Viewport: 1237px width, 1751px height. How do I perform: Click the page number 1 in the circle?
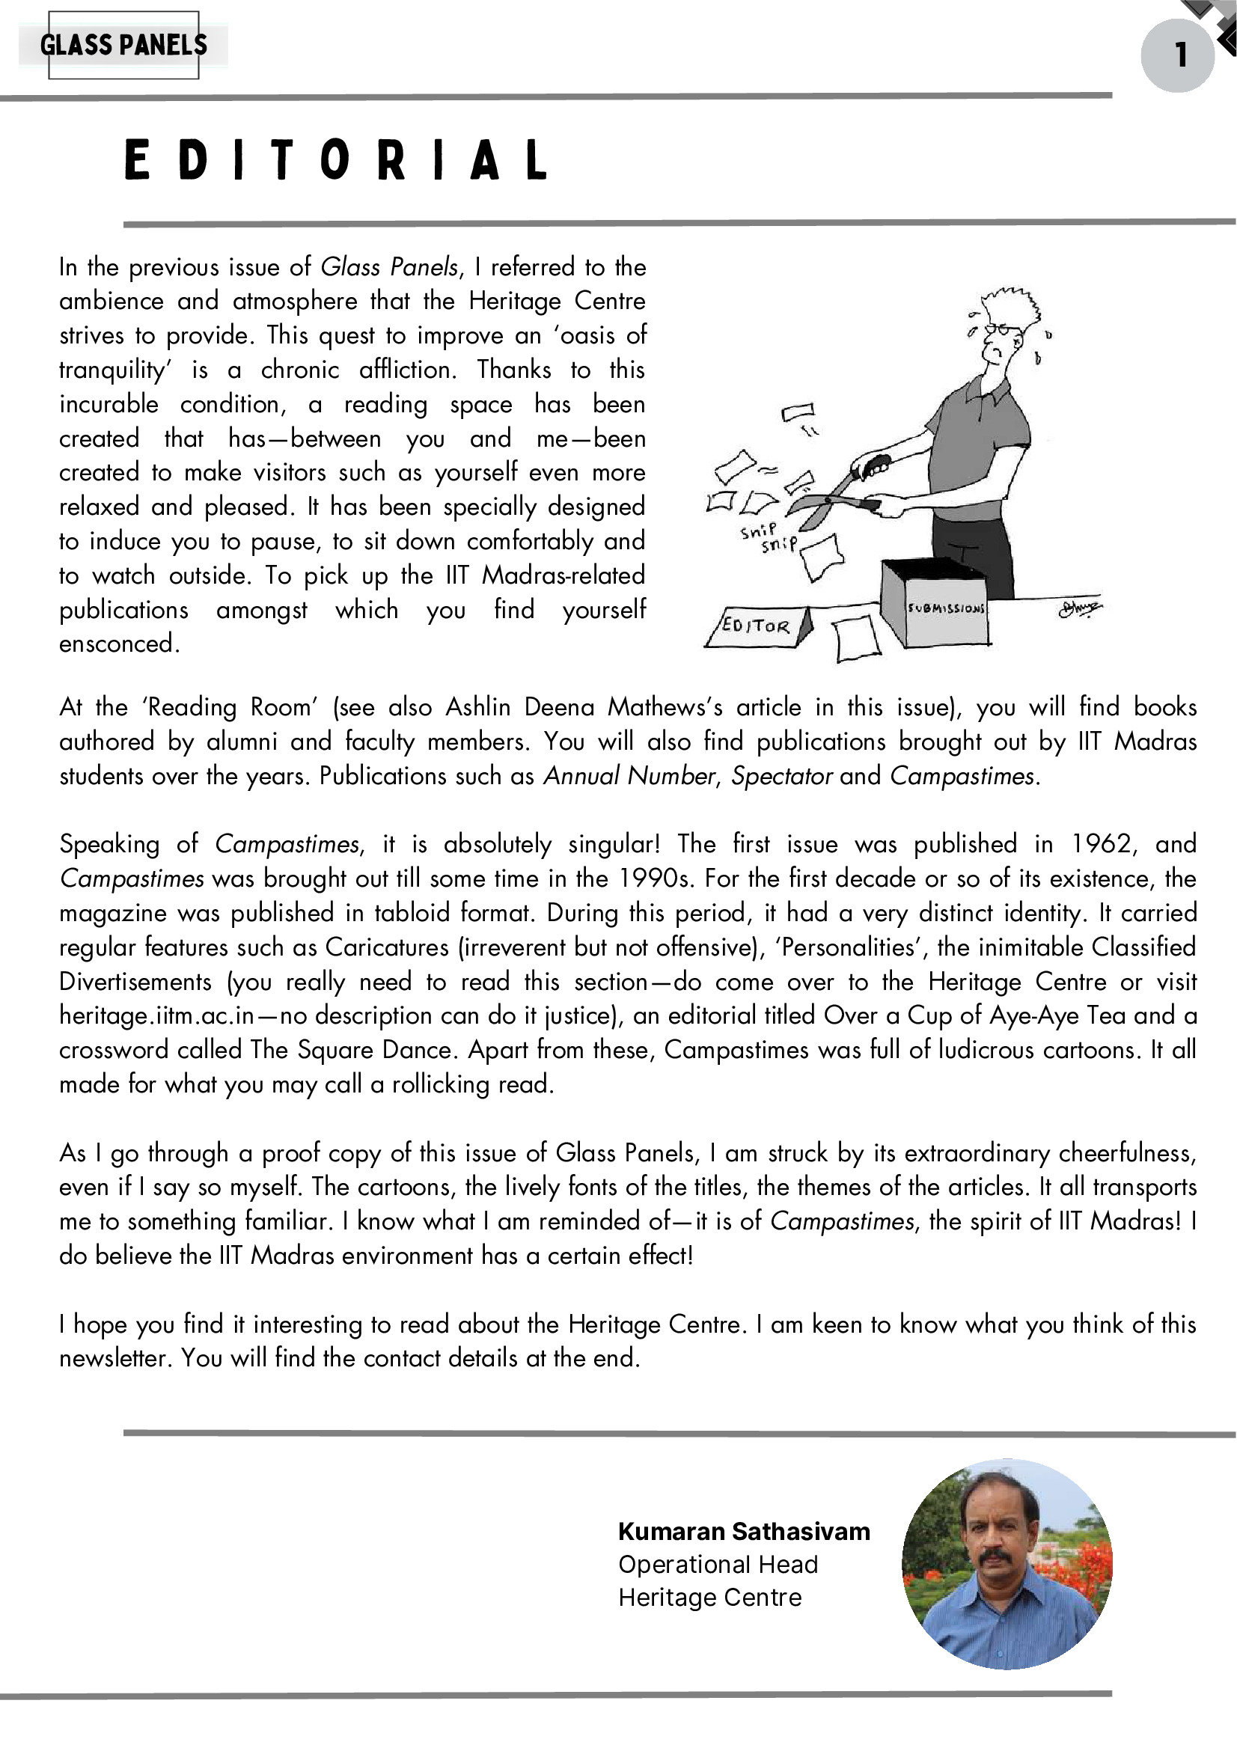[1180, 55]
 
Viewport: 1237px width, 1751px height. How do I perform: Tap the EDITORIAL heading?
[335, 160]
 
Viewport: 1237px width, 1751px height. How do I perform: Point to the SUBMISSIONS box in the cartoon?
[935, 606]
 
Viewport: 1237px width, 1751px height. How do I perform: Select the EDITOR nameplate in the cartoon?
[757, 626]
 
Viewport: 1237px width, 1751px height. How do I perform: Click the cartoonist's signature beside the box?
[1079, 608]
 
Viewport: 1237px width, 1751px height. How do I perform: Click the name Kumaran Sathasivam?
[744, 1531]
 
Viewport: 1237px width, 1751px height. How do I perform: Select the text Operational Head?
[718, 1564]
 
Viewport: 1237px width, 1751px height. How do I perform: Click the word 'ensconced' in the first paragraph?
[118, 644]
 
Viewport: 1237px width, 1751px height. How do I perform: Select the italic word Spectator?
[781, 775]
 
